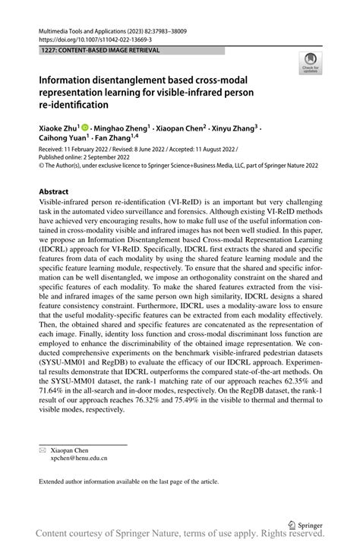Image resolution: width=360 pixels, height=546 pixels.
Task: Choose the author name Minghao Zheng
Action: click(x=122, y=130)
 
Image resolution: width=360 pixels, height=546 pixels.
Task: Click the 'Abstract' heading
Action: click(x=54, y=192)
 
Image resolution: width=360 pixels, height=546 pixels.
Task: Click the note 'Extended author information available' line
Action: click(x=128, y=481)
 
